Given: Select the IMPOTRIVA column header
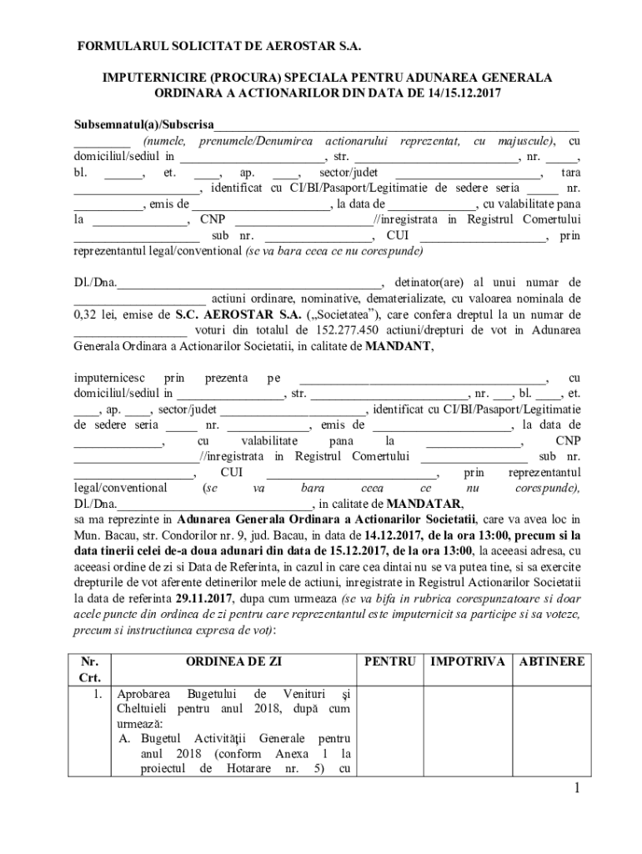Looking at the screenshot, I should (x=467, y=661).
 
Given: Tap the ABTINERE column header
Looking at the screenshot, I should (x=550, y=661).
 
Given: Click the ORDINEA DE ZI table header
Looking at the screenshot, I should (x=234, y=661).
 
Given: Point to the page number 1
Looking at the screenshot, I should (x=576, y=789).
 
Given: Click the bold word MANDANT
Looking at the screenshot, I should (x=399, y=347).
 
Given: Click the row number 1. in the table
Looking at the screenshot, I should (x=97, y=694).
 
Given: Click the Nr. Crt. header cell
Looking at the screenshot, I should (x=89, y=669).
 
